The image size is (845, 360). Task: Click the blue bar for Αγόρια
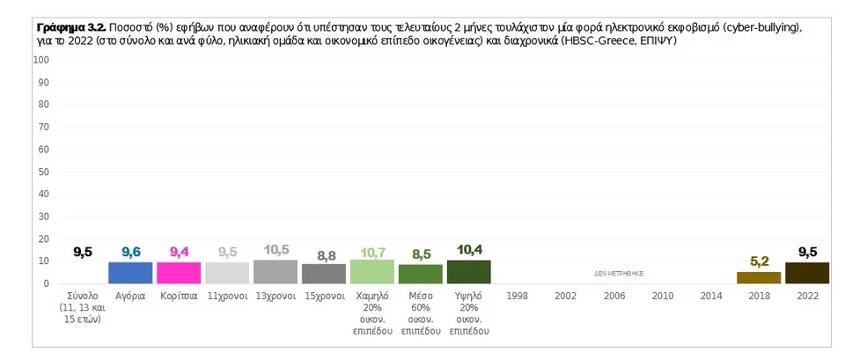tap(130, 273)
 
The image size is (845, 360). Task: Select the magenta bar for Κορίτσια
tap(179, 273)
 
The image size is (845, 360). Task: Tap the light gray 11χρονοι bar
tap(227, 273)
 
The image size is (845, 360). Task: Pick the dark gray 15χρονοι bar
tap(324, 274)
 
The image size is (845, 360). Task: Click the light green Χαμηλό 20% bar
tap(371, 272)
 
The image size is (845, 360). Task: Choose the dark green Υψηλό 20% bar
tap(469, 272)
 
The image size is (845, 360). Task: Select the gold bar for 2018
tap(759, 277)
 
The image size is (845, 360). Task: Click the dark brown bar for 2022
tap(807, 273)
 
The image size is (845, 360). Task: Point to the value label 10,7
tap(372, 252)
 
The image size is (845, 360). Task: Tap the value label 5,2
tap(760, 262)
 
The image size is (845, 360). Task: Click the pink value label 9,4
tap(179, 252)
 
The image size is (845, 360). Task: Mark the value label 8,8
tap(324, 255)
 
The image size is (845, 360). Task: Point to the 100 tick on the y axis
tap(43, 60)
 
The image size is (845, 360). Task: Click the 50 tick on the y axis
tap(45, 172)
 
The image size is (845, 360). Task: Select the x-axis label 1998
tap(517, 297)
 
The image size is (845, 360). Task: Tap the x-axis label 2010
tap(662, 297)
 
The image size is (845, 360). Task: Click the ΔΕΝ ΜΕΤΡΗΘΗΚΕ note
tap(619, 274)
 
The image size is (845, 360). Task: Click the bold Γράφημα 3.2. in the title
tap(71, 27)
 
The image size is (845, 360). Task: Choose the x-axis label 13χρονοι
tap(276, 297)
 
